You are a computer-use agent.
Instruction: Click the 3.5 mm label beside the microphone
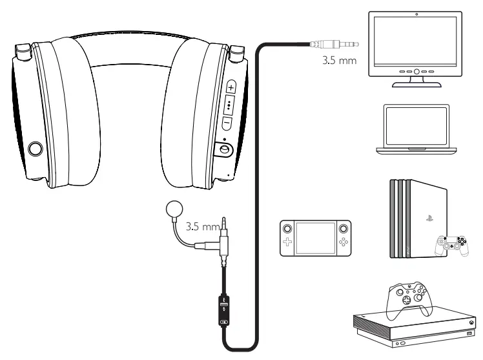[200, 228]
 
